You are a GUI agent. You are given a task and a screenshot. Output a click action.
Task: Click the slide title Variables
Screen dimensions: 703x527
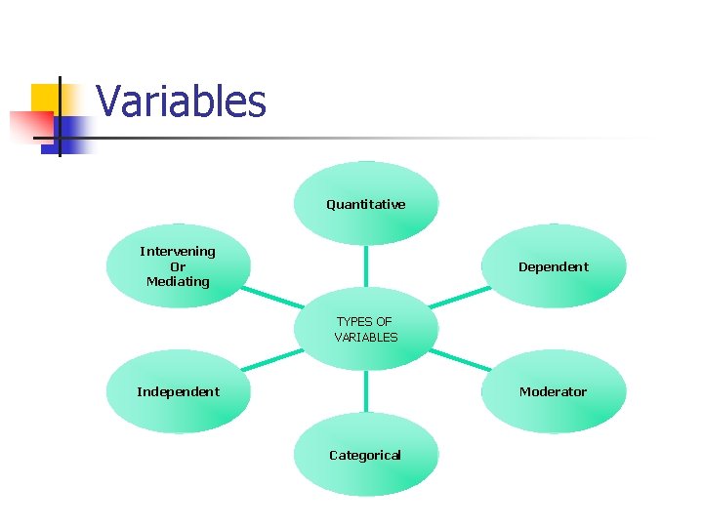[182, 101]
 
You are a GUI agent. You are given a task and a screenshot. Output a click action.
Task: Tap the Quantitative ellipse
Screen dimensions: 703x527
[366, 203]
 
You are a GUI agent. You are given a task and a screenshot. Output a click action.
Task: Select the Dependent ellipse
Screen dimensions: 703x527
[554, 266]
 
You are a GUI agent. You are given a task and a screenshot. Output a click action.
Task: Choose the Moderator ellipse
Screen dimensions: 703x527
[554, 391]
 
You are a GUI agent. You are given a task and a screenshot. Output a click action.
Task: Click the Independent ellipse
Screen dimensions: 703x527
[179, 391]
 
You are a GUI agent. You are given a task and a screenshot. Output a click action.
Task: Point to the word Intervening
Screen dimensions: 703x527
[178, 252]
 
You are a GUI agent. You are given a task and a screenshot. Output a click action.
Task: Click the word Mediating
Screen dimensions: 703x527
[178, 282]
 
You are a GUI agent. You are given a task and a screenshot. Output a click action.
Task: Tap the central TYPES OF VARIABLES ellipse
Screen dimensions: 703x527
[366, 329]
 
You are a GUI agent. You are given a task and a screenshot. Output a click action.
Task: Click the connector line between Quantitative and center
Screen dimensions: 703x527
[366, 264]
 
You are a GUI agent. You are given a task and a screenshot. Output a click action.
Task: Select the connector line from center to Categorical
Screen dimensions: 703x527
[366, 392]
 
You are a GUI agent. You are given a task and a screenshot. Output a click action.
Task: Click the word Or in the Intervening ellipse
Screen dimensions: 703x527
[178, 266]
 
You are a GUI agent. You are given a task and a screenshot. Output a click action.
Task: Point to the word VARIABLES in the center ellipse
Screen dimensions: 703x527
[366, 338]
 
